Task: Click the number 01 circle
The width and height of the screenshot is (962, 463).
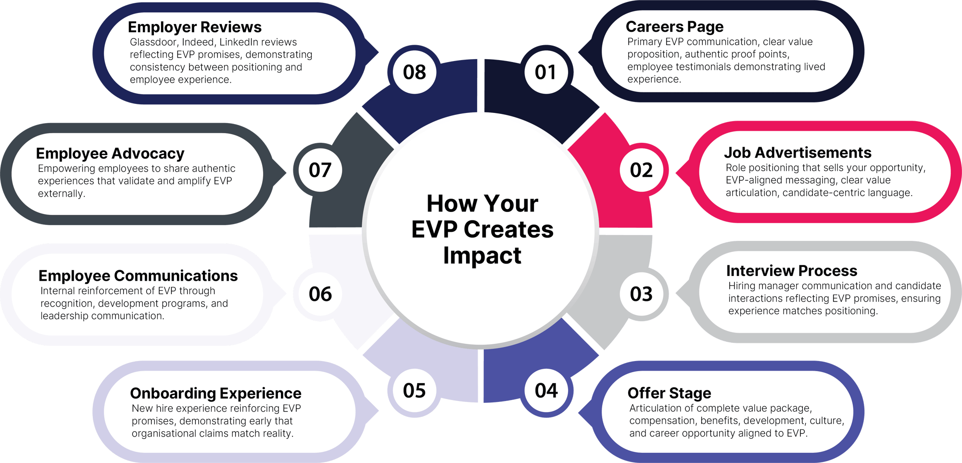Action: pos(545,72)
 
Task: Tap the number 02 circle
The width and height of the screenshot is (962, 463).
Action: pos(641,170)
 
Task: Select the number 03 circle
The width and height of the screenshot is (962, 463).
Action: pos(641,294)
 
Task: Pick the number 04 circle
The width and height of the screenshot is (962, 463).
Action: pos(546,390)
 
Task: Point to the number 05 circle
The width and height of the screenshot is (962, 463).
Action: pos(414,390)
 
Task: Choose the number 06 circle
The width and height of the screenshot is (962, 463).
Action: pos(320,294)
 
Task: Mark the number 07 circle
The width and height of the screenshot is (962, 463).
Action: pos(320,170)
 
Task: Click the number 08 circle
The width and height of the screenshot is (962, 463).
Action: pos(414,72)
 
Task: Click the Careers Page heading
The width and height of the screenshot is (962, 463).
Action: pos(674,27)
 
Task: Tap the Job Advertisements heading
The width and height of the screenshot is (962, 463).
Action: pos(797,153)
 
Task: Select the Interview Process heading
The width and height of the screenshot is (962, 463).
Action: pos(792,271)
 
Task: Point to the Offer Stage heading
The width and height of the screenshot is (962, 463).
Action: pos(669,393)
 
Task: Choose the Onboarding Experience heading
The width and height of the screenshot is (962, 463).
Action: pos(215,393)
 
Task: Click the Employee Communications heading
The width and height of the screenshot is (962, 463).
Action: pos(138,276)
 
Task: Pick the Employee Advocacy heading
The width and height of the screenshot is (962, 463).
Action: pos(110,153)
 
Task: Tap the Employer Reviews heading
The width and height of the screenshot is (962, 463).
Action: pos(195,27)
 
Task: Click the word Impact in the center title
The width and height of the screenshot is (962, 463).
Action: pos(482,255)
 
